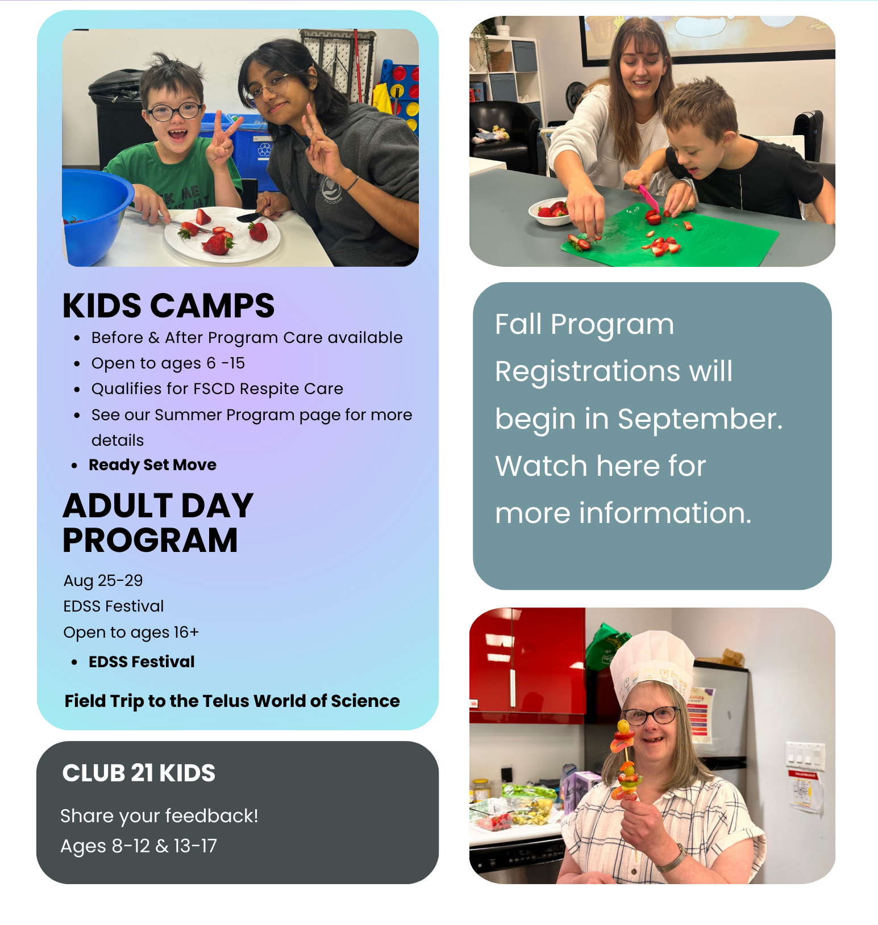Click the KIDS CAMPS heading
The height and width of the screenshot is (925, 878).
(x=168, y=305)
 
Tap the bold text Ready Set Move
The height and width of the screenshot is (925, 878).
(x=152, y=465)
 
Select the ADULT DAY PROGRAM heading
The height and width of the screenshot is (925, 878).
(x=158, y=522)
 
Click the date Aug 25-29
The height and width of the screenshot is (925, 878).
(x=103, y=580)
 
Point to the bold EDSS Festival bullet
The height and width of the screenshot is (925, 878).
(x=142, y=662)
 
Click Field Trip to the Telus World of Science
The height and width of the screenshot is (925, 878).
(x=232, y=701)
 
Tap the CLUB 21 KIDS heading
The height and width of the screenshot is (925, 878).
(x=139, y=773)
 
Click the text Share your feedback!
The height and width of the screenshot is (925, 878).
(x=159, y=816)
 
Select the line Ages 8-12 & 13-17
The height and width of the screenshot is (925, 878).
(x=139, y=846)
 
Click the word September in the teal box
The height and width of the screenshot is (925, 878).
(x=700, y=420)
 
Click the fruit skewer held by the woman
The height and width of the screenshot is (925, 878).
(x=625, y=761)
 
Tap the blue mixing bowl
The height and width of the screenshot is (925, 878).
(x=94, y=216)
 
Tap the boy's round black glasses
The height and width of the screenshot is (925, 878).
(x=175, y=111)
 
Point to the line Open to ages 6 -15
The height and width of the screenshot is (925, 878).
(x=168, y=363)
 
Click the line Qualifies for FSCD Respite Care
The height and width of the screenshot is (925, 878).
(x=217, y=389)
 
